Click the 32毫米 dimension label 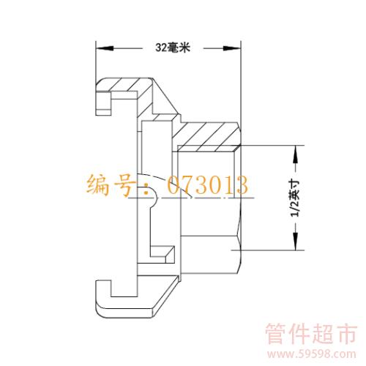pyautogui.click(x=173, y=48)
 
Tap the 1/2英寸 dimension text pyautogui.click(x=294, y=198)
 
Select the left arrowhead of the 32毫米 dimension pyautogui.click(x=105, y=48)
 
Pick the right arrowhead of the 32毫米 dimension pyautogui.click(x=232, y=48)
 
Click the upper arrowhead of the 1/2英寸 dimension pyautogui.click(x=296, y=154)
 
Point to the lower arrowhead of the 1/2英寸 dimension pyautogui.click(x=296, y=242)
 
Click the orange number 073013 pyautogui.click(x=208, y=184)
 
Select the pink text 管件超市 pyautogui.click(x=311, y=334)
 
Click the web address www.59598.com pyautogui.click(x=312, y=354)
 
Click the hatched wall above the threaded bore pyautogui.click(x=206, y=134)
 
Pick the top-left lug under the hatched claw pyautogui.click(x=104, y=103)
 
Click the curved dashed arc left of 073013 pyautogui.click(x=166, y=182)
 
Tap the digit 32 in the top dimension pyautogui.click(x=161, y=48)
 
